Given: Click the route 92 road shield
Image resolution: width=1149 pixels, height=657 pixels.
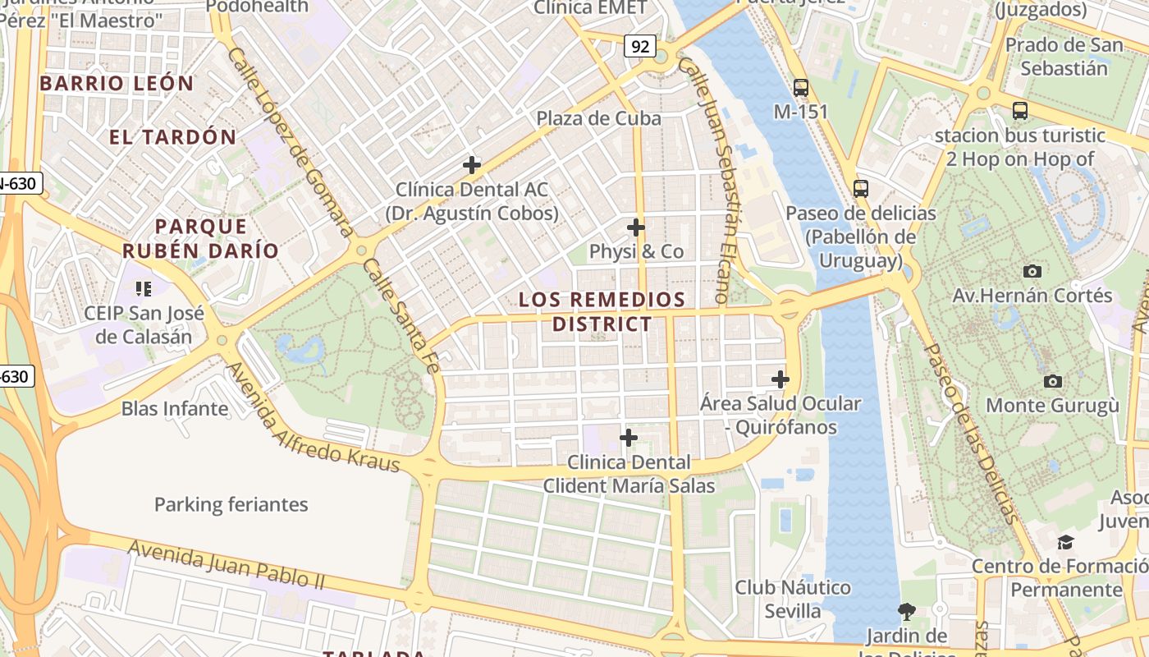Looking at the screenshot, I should click(x=640, y=46).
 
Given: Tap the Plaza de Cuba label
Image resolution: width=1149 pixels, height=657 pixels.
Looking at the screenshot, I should click(x=598, y=118).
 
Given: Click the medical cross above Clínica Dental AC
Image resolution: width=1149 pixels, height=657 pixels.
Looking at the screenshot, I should click(x=471, y=165).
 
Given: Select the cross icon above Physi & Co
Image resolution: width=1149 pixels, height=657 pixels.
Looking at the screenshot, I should click(x=635, y=227).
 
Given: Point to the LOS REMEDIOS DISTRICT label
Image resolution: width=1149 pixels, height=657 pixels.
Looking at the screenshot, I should click(x=602, y=311).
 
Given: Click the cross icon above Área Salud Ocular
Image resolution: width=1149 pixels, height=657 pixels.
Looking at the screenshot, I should click(x=780, y=379).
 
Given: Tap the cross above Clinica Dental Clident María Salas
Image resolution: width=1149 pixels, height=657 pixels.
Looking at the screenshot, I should click(x=629, y=438).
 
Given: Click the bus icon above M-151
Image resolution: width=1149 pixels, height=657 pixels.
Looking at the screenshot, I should click(x=800, y=87).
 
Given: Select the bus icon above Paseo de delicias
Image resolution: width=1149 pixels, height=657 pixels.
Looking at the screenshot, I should click(x=860, y=189).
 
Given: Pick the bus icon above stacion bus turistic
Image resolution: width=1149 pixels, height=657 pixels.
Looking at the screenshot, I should click(x=1019, y=111).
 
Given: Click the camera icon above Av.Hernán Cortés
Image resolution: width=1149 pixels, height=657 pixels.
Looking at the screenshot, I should click(x=1032, y=271).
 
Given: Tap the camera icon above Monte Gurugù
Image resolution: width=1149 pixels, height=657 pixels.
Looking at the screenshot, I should click(x=1052, y=381).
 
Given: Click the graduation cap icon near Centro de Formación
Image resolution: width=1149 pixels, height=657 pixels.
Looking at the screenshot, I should click(x=1064, y=542).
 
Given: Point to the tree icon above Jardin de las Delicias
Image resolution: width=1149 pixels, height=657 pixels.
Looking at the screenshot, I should click(x=906, y=612).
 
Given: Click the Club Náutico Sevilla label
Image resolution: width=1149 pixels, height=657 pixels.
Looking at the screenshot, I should click(x=793, y=599).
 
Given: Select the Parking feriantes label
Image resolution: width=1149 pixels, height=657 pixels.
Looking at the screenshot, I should click(x=231, y=504).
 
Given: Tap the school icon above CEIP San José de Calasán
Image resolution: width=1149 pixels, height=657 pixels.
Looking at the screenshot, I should click(x=144, y=289).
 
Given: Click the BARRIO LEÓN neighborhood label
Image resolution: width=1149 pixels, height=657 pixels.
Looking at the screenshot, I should click(x=117, y=83).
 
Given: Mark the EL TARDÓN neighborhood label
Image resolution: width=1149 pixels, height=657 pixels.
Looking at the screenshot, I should click(x=172, y=137).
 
